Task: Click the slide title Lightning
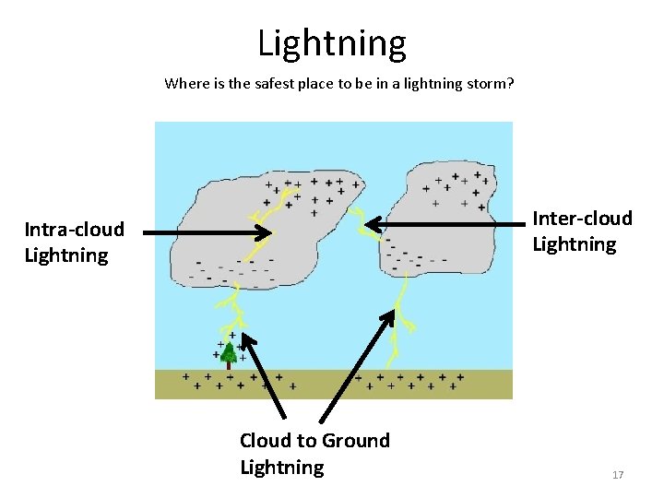pos(331,43)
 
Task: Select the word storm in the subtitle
pos(486,84)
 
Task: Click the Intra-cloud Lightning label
pos(74,243)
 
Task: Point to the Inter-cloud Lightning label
pos(582,231)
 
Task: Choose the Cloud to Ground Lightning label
pos(314,454)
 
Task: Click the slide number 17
pos(618,475)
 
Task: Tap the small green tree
pos(229,351)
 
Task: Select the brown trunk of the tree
pos(229,365)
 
